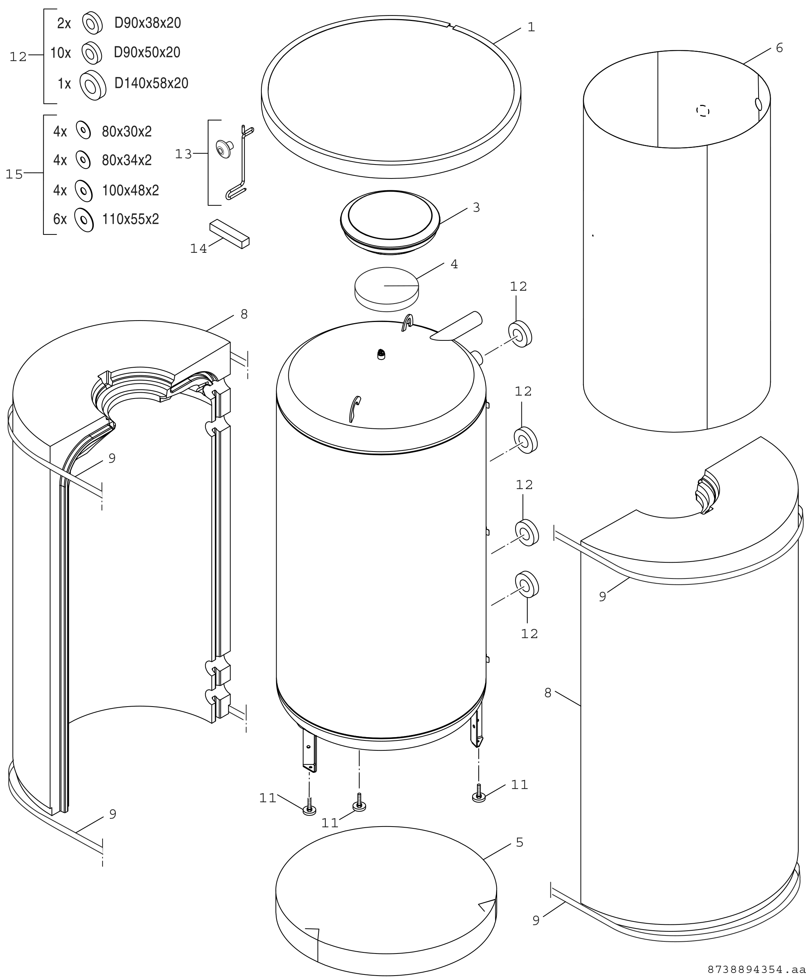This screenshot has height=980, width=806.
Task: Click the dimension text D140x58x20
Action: (151, 84)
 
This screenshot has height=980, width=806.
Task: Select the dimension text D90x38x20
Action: (148, 23)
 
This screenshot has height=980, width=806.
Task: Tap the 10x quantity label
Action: (60, 53)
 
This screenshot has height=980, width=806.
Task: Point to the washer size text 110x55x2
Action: (131, 219)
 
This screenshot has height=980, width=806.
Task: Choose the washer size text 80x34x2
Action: (127, 160)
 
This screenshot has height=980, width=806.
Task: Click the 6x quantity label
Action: (60, 219)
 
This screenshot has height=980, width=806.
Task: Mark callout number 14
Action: (198, 249)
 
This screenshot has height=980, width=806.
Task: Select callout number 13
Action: (183, 154)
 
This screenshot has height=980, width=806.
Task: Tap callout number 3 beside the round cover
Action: (477, 208)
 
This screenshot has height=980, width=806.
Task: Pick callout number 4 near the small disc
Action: (454, 264)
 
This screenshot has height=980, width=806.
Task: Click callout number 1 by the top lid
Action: (532, 27)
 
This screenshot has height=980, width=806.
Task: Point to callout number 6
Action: (780, 48)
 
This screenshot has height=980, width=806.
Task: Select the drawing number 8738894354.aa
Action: (756, 970)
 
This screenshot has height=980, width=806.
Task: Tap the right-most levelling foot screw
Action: (479, 792)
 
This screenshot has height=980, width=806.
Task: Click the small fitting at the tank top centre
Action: (381, 355)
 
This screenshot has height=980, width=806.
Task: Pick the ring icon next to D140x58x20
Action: (93, 85)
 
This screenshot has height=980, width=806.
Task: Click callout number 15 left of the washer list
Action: (14, 174)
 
